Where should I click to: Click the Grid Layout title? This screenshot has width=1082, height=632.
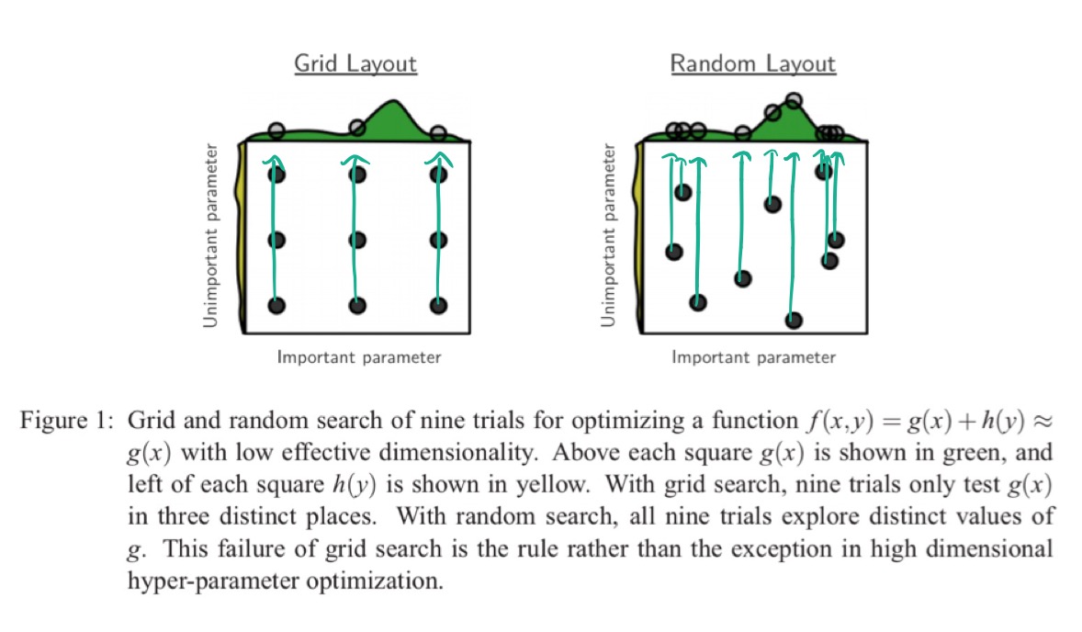[x=355, y=64]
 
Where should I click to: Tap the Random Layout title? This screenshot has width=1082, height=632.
[x=752, y=64]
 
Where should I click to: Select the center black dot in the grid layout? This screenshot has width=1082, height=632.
[x=358, y=240]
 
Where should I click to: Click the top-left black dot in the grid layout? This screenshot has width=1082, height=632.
[x=276, y=175]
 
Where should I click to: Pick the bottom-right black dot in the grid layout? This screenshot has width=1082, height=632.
[x=439, y=305]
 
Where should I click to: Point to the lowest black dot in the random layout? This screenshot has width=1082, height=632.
[x=794, y=320]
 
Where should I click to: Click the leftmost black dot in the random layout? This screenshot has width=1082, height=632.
[x=674, y=252]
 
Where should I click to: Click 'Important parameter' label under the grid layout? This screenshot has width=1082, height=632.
[x=359, y=357]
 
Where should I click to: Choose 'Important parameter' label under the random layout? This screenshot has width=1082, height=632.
[x=753, y=357]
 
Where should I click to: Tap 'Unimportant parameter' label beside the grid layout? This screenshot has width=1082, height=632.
[x=211, y=235]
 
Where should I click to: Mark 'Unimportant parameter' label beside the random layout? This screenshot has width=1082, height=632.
[x=608, y=235]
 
